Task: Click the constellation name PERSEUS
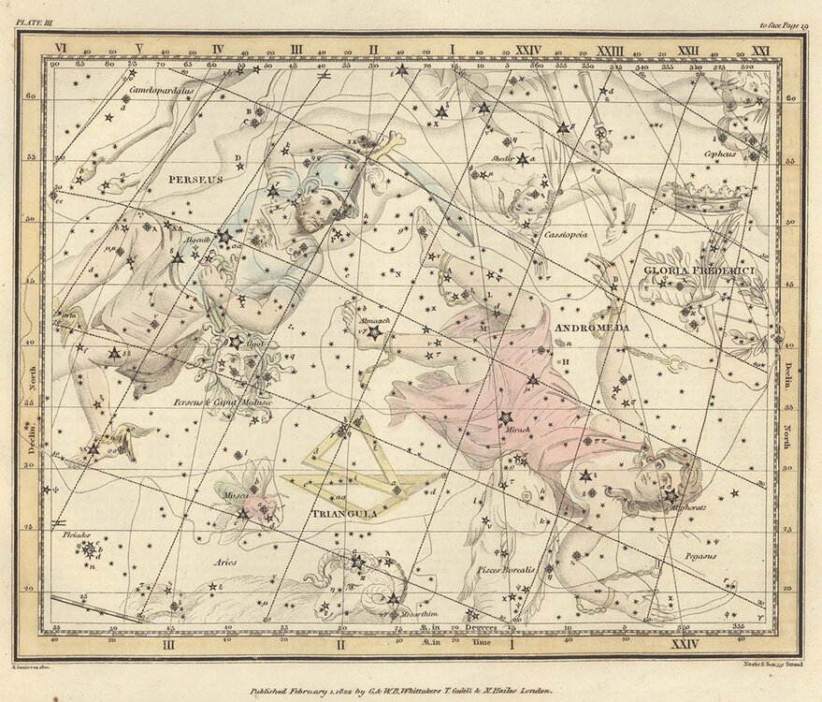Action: click(195, 178)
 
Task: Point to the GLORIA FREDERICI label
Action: click(698, 271)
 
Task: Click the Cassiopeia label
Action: click(566, 235)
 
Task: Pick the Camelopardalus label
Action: click(161, 91)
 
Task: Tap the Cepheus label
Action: click(721, 153)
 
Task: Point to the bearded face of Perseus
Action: click(312, 213)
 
